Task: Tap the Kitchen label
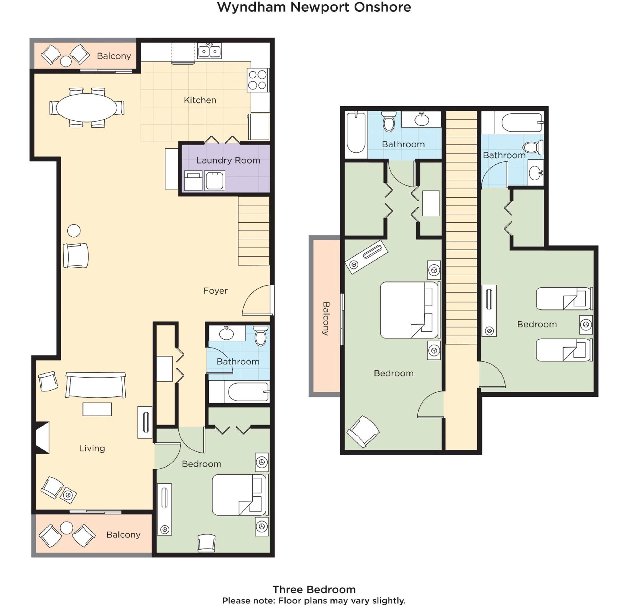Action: [200, 100]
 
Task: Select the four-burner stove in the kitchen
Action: [258, 80]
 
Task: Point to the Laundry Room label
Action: [228, 160]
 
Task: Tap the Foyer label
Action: [215, 291]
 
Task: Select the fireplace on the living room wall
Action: [42, 437]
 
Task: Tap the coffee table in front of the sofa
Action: [97, 409]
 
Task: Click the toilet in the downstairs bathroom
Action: [260, 336]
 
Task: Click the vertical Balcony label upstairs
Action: [326, 318]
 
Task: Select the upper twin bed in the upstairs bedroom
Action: [564, 298]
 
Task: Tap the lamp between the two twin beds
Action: [586, 325]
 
